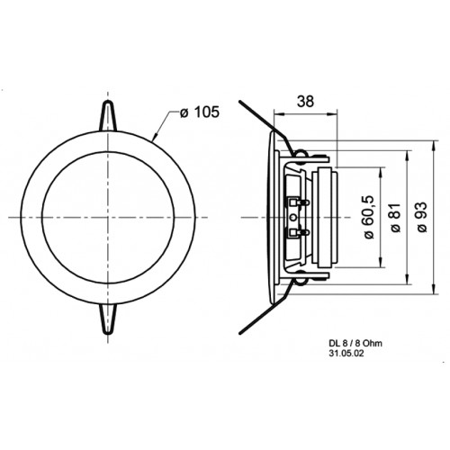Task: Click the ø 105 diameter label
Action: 200,112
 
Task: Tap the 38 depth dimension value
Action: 305,102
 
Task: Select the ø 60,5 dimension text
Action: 369,217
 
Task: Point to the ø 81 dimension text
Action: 396,217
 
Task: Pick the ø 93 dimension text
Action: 422,217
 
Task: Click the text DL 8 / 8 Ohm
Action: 355,343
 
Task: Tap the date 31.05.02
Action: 346,354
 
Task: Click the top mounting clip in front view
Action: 108,116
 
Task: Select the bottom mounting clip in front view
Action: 108,319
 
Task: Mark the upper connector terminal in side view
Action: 298,202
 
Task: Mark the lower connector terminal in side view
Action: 298,232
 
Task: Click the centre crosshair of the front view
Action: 108,217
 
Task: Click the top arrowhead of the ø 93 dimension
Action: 434,145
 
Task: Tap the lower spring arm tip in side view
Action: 240,332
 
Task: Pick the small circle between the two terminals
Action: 293,217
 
